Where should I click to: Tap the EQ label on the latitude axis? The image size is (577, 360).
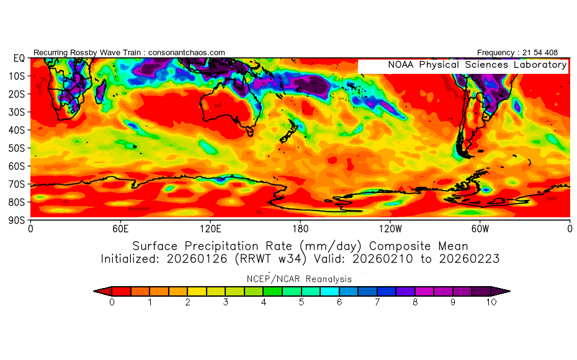(x=19, y=58)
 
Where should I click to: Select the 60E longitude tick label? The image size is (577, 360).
(x=120, y=228)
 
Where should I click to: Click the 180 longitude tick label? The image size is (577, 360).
(x=300, y=228)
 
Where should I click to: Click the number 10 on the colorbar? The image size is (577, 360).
(x=491, y=302)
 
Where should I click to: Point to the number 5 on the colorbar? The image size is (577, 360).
(x=302, y=302)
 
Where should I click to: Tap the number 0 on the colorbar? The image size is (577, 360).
(x=112, y=302)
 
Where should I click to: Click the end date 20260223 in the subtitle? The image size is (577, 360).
(x=472, y=258)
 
